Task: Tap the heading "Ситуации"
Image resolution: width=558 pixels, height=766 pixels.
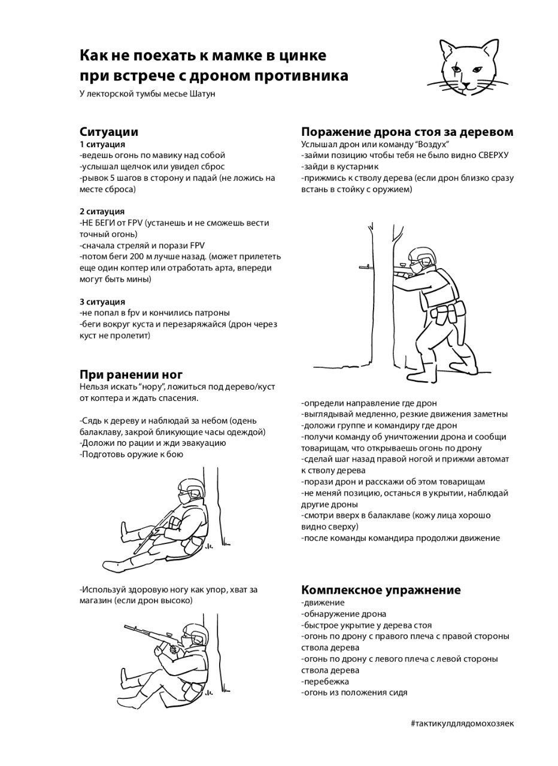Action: click(x=109, y=132)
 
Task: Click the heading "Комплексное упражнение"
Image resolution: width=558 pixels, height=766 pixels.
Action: click(x=381, y=590)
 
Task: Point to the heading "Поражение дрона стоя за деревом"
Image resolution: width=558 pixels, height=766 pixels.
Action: click(x=407, y=132)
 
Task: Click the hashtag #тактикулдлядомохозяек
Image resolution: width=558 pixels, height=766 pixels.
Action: click(x=462, y=723)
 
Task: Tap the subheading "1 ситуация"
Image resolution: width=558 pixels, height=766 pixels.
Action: click(x=102, y=144)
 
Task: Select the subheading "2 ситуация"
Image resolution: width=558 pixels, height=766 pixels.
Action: click(x=102, y=211)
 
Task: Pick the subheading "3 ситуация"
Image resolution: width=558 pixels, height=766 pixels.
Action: click(x=102, y=302)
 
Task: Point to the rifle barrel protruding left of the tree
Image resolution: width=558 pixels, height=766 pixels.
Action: click(x=362, y=267)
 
